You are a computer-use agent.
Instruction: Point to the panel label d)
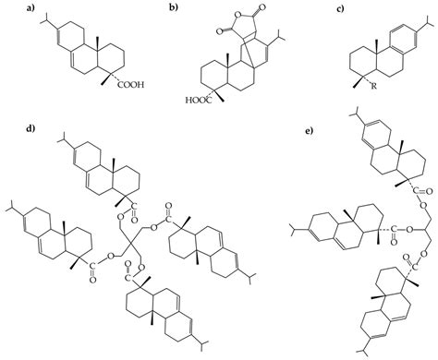8,128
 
